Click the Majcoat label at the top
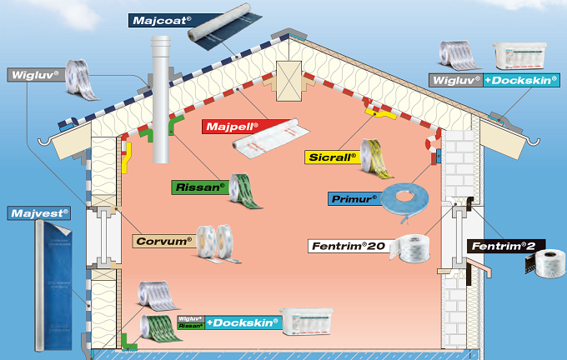pos(159,20)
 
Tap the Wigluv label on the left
pos(35,74)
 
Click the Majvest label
pos(39,212)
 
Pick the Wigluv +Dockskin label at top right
pos(494,80)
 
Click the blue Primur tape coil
pos(408,203)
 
